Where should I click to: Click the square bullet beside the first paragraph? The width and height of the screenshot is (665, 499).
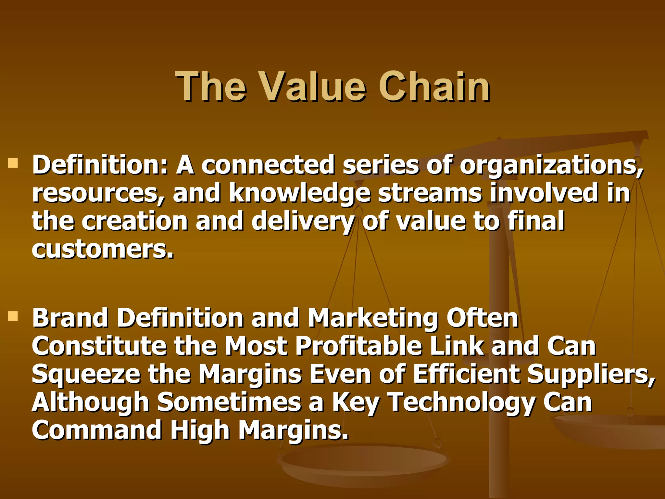tap(13, 163)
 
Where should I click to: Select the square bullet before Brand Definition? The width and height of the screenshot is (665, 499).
tap(13, 316)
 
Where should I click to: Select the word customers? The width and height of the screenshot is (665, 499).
tap(103, 250)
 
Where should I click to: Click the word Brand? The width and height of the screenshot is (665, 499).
tap(70, 318)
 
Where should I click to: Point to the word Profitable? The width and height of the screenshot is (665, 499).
tap(359, 346)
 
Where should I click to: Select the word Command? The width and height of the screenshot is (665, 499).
tap(97, 430)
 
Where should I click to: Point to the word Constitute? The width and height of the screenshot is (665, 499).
tap(99, 346)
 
